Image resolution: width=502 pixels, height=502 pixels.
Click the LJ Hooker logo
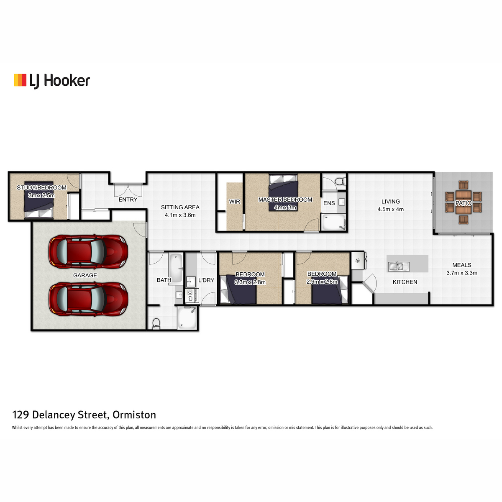pyautogui.click(x=52, y=81)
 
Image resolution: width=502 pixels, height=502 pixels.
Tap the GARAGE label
pyautogui.click(x=85, y=275)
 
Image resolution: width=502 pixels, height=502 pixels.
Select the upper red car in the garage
pyautogui.click(x=88, y=252)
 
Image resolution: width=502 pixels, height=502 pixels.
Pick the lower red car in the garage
pyautogui.click(x=88, y=300)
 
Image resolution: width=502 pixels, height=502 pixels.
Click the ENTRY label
pyautogui.click(x=128, y=200)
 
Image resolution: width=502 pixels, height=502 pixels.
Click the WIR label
pyautogui.click(x=234, y=202)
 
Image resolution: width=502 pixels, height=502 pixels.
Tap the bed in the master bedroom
pyautogui.click(x=283, y=192)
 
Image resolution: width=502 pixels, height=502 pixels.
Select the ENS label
pyautogui.click(x=329, y=203)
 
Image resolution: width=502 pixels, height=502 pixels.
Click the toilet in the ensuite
pyautogui.click(x=341, y=181)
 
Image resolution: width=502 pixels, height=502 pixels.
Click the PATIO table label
pyautogui.click(x=463, y=203)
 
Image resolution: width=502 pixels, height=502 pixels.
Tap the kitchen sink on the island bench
pyautogui.click(x=399, y=266)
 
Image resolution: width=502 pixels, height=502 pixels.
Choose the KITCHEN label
pyautogui.click(x=405, y=282)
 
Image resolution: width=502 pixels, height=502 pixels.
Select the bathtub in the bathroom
pyautogui.click(x=176, y=268)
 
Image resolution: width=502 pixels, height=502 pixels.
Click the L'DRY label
pyautogui.click(x=206, y=280)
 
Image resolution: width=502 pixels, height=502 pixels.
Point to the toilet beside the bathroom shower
pyautogui.click(x=156, y=323)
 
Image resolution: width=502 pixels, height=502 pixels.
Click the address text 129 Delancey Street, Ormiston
pyautogui.click(x=84, y=415)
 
